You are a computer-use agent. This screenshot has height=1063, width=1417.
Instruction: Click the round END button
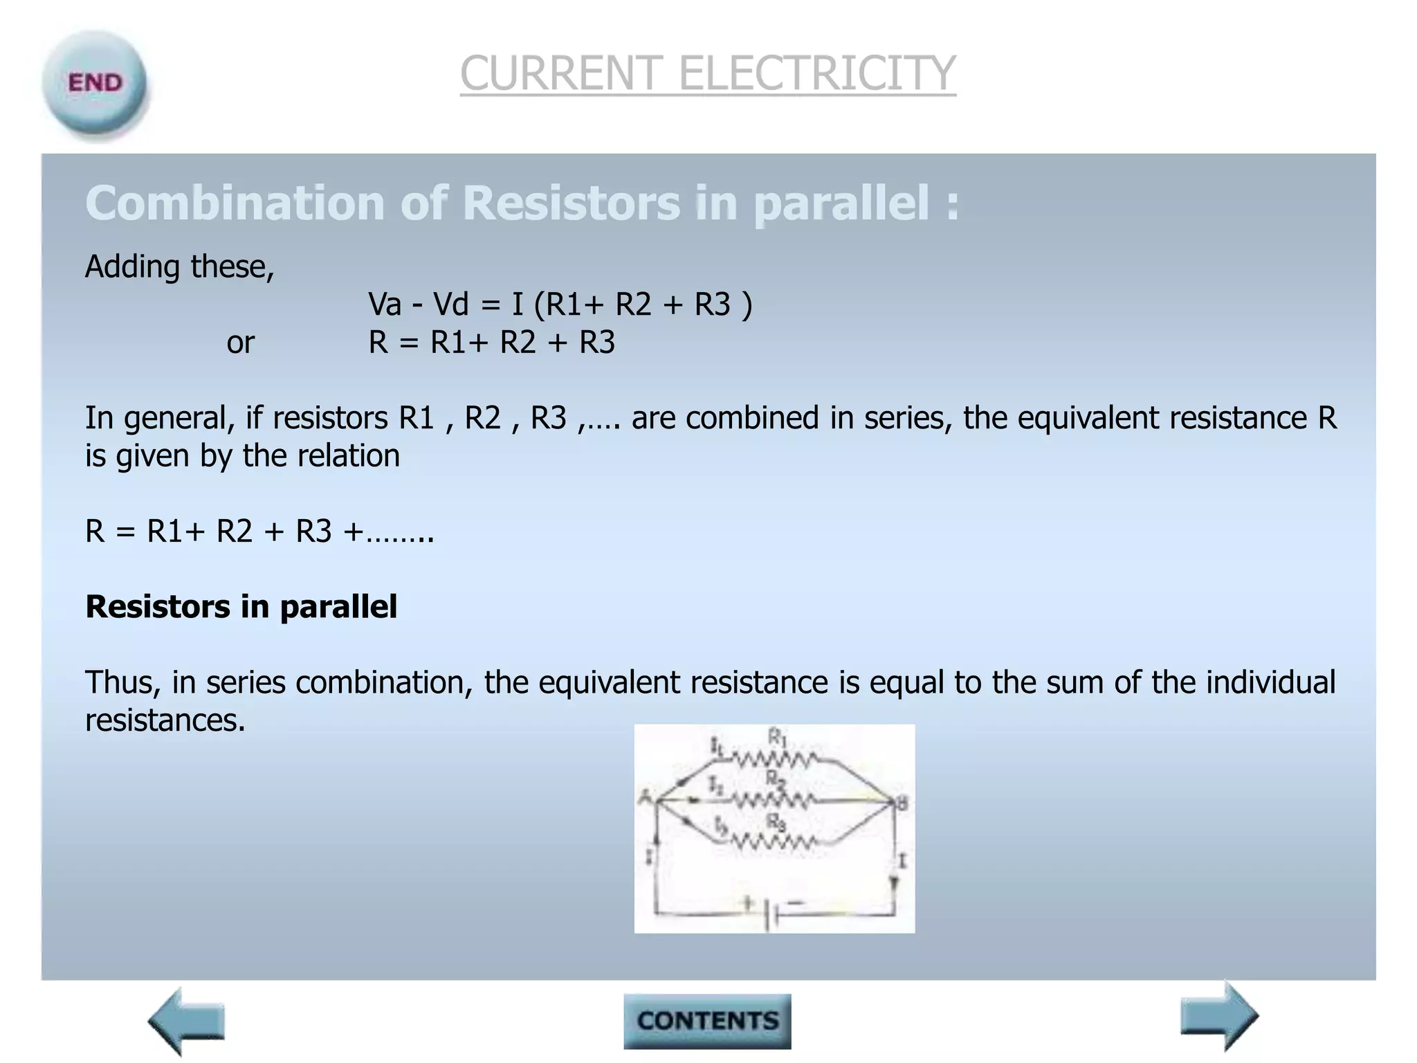click(x=95, y=84)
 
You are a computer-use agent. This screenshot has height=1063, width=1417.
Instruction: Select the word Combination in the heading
click(x=235, y=203)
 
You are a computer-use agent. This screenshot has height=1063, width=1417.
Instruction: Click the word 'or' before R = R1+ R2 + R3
click(x=240, y=343)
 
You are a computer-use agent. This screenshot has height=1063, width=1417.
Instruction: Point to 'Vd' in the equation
click(x=451, y=305)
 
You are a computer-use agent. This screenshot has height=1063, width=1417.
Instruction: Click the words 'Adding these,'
click(x=180, y=266)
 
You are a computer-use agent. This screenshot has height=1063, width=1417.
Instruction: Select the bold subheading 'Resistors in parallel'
click(x=241, y=607)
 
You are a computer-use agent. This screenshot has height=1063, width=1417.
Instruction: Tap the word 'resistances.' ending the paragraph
click(x=165, y=720)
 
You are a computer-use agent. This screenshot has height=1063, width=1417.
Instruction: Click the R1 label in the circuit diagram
click(x=778, y=738)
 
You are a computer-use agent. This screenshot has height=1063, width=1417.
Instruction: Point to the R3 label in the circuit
click(x=776, y=822)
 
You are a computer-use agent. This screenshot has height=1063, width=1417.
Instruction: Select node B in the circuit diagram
click(x=900, y=803)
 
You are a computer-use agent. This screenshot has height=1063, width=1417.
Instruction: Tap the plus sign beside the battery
click(x=747, y=902)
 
